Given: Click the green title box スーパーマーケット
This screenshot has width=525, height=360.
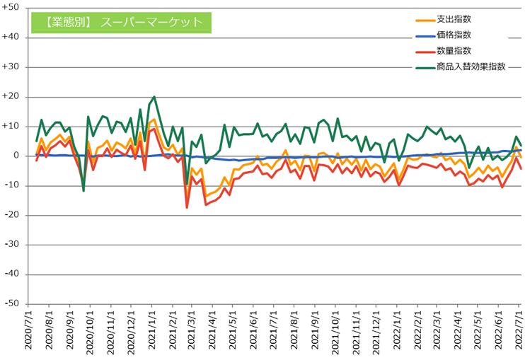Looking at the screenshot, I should (123, 23).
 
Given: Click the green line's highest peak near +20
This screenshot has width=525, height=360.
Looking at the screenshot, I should (154, 97).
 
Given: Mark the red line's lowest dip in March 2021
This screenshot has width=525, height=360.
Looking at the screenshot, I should (187, 207).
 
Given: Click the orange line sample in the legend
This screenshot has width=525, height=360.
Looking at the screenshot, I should (423, 19).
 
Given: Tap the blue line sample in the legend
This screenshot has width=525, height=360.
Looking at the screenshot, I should (423, 35).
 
